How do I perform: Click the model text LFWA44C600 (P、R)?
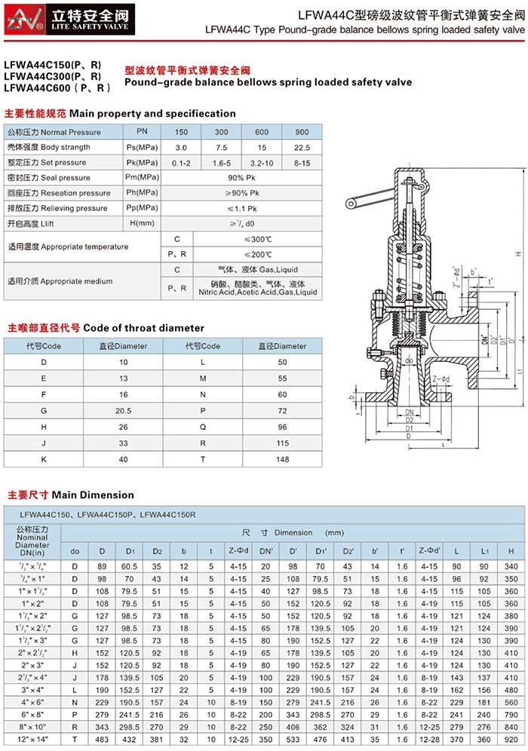pos(57,88)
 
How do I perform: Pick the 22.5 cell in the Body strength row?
pos(302,147)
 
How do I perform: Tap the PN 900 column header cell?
pos(302,132)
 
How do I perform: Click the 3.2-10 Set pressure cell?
pos(262,163)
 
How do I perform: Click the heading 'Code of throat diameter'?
pos(143,328)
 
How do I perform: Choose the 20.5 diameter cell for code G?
pos(123,411)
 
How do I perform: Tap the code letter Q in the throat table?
pos(203,428)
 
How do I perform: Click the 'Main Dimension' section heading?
pos(92,495)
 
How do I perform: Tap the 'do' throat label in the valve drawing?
pos(408,360)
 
